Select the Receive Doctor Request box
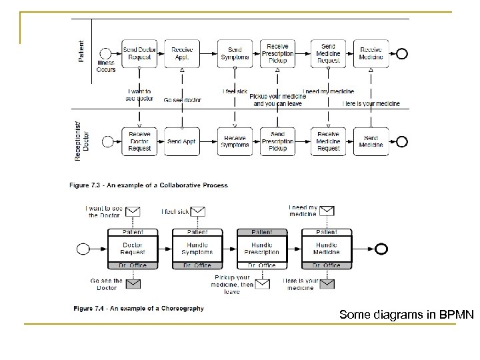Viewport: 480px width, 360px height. pyautogui.click(x=139, y=142)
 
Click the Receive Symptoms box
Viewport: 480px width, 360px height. pyautogui.click(x=235, y=142)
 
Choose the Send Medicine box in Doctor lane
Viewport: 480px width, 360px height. pyautogui.click(x=371, y=142)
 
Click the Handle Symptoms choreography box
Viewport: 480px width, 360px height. pyautogui.click(x=197, y=249)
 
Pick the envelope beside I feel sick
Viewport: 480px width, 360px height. pyautogui.click(x=198, y=211)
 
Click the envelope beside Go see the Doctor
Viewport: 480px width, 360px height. pyautogui.click(x=133, y=284)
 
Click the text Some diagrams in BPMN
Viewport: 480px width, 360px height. pyautogui.click(x=407, y=313)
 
